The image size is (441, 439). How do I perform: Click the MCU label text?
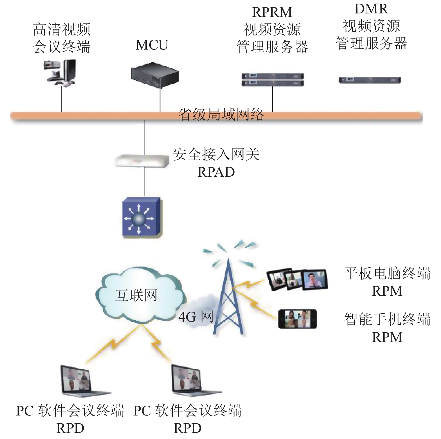[152, 45]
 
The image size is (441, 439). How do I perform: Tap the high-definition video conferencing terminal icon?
[60, 73]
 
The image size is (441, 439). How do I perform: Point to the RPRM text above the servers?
[272, 12]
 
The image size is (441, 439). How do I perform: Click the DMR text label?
[371, 9]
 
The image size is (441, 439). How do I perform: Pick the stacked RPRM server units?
[272, 80]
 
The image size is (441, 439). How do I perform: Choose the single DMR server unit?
[370, 80]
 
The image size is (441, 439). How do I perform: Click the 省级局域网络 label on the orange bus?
[221, 115]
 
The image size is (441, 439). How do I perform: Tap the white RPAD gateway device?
[142, 161]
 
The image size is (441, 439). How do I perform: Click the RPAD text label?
[216, 172]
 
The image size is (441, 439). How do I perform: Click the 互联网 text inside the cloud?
[136, 295]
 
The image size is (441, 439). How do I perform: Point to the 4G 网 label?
[196, 317]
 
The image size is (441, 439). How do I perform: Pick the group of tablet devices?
[297, 279]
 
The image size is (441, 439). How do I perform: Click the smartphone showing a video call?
[298, 319]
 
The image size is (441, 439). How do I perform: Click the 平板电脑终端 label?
[387, 273]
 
